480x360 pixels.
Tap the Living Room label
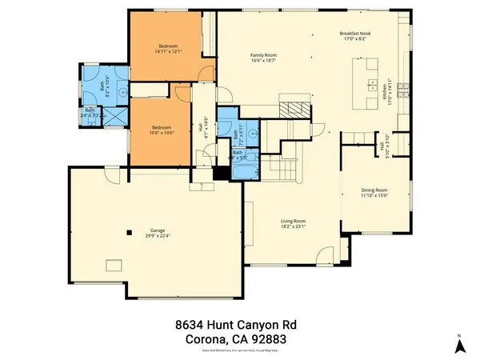pos(293,224)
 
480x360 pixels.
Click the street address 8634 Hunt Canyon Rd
pos(240,326)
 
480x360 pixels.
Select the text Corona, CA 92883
pos(240,340)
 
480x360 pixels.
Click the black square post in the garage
pos(129,233)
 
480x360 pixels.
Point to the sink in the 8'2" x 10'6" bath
pos(122,92)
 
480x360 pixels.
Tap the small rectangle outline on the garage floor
pos(118,266)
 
